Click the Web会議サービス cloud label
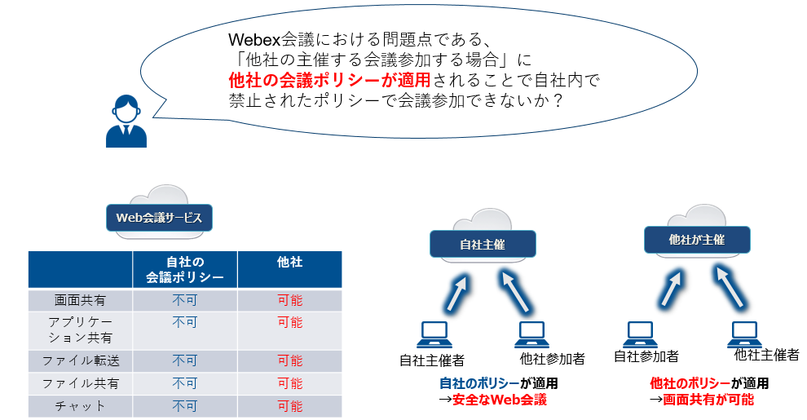point(159,218)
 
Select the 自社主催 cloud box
point(483,244)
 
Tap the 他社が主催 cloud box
point(697,239)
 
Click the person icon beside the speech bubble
point(126,121)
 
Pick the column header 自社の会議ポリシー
point(185,269)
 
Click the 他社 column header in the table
point(289,262)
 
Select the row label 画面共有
point(80,300)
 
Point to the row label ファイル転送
point(80,360)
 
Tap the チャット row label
point(80,406)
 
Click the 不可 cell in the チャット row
point(185,406)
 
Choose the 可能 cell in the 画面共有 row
point(289,300)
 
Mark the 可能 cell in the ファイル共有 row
point(289,383)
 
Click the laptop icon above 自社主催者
point(434,335)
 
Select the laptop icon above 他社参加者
point(531,335)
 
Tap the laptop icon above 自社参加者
point(641,335)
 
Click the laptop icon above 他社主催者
point(744,335)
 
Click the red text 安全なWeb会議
point(499,400)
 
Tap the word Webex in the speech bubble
point(254,40)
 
